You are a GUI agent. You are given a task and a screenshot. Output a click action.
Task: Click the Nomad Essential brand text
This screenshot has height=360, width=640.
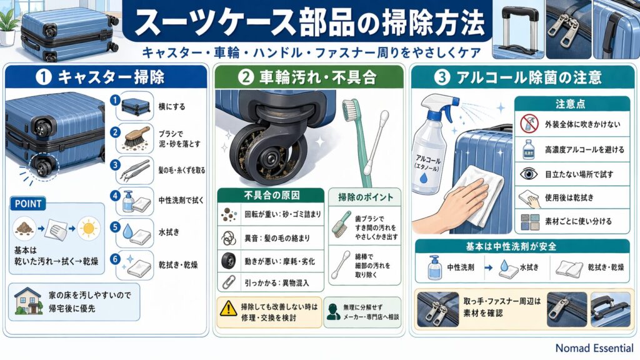[x=594, y=348]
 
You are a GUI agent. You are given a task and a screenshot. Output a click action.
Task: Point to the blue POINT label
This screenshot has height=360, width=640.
[x=27, y=204]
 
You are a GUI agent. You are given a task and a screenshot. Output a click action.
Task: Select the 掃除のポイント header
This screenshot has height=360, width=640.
[x=365, y=197]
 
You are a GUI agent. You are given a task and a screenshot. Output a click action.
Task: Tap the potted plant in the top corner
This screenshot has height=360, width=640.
[x=9, y=25]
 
